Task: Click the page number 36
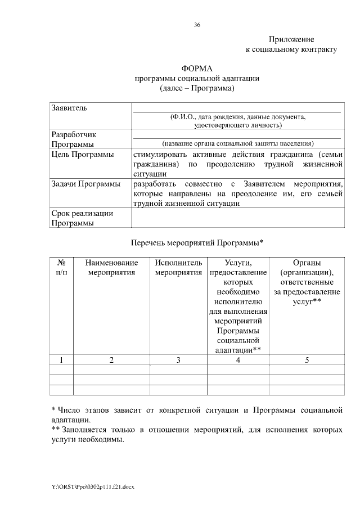197,25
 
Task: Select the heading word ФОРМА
197,69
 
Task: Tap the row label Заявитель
69,107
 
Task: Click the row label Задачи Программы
85,184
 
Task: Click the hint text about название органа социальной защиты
237,143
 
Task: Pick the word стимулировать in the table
160,154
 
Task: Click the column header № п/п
62,268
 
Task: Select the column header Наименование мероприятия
111,268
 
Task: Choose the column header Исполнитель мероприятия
178,268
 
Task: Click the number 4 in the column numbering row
238,360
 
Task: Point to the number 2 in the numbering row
111,360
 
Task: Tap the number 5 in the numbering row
307,360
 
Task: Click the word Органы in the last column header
307,263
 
